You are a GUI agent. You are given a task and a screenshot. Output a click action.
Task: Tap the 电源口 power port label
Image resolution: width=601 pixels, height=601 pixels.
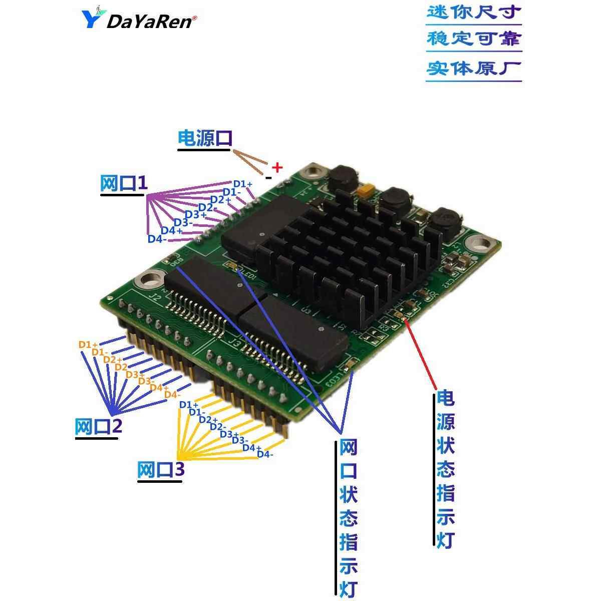(x=205, y=139)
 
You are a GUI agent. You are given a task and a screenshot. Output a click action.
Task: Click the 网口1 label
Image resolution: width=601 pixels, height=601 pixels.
(x=124, y=184)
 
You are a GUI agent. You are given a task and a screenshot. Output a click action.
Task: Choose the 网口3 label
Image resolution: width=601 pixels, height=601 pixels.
(x=161, y=470)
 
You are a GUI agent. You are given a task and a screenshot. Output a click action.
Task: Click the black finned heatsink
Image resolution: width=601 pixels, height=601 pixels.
(x=346, y=255)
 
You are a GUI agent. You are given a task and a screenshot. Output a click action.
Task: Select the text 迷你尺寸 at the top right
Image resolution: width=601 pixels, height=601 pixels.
(x=474, y=12)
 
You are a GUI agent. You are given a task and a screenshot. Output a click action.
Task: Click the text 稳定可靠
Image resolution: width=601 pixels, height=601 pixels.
(x=474, y=39)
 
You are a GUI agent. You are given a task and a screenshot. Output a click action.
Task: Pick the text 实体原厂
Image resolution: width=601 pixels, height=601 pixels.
(x=474, y=68)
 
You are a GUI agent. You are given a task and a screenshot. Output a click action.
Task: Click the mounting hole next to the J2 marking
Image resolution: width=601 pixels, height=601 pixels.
(x=150, y=278)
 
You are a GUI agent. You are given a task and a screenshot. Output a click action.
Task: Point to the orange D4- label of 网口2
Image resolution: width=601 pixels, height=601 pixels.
(x=172, y=395)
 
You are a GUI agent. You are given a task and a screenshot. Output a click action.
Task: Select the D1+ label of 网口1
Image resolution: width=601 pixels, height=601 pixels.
(x=243, y=184)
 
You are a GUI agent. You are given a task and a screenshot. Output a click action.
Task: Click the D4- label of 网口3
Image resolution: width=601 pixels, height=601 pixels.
(x=265, y=454)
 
